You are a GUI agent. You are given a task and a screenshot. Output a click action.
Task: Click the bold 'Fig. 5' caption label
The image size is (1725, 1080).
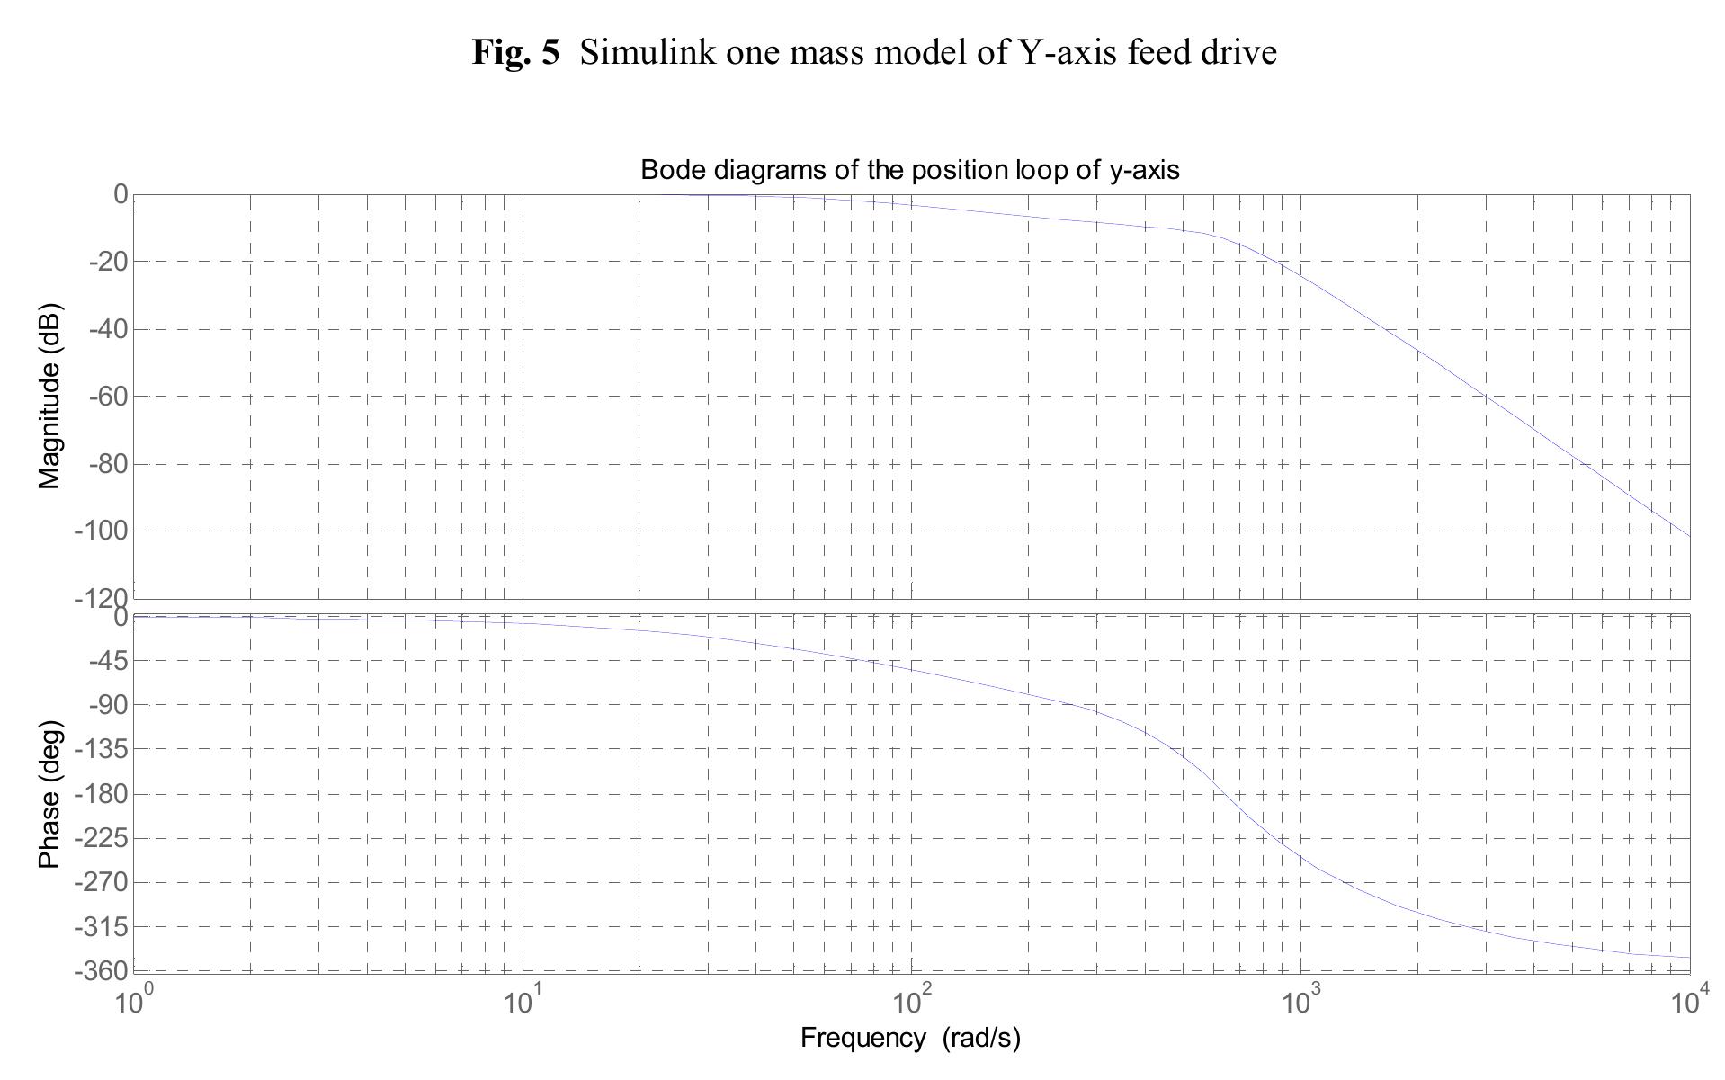pyautogui.click(x=515, y=53)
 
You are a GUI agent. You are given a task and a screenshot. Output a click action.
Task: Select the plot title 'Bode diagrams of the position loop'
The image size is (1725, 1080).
pyautogui.click(x=909, y=169)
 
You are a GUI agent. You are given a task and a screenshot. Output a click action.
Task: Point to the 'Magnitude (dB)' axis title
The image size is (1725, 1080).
pyautogui.click(x=50, y=397)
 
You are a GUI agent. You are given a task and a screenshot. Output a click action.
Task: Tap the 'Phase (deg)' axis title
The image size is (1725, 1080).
pyautogui.click(x=50, y=794)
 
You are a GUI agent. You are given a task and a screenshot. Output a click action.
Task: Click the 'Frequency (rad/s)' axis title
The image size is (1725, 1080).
pyautogui.click(x=910, y=1038)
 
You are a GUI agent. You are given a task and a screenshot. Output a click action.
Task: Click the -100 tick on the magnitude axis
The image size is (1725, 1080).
pyautogui.click(x=101, y=531)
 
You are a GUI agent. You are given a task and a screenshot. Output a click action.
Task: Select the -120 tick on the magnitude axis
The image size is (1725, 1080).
pyautogui.click(x=101, y=597)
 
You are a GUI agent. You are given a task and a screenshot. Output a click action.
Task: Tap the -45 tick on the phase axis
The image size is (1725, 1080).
pyautogui.click(x=108, y=661)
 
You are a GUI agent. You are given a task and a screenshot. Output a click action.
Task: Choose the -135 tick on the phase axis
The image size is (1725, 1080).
pyautogui.click(x=101, y=749)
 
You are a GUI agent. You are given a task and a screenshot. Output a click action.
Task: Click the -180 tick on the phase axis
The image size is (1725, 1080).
pyautogui.click(x=101, y=794)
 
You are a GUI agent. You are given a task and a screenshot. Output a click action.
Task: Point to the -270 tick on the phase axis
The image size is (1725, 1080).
pyautogui.click(x=101, y=882)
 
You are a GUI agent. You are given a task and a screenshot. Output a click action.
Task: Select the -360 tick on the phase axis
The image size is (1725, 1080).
pyautogui.click(x=101, y=970)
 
